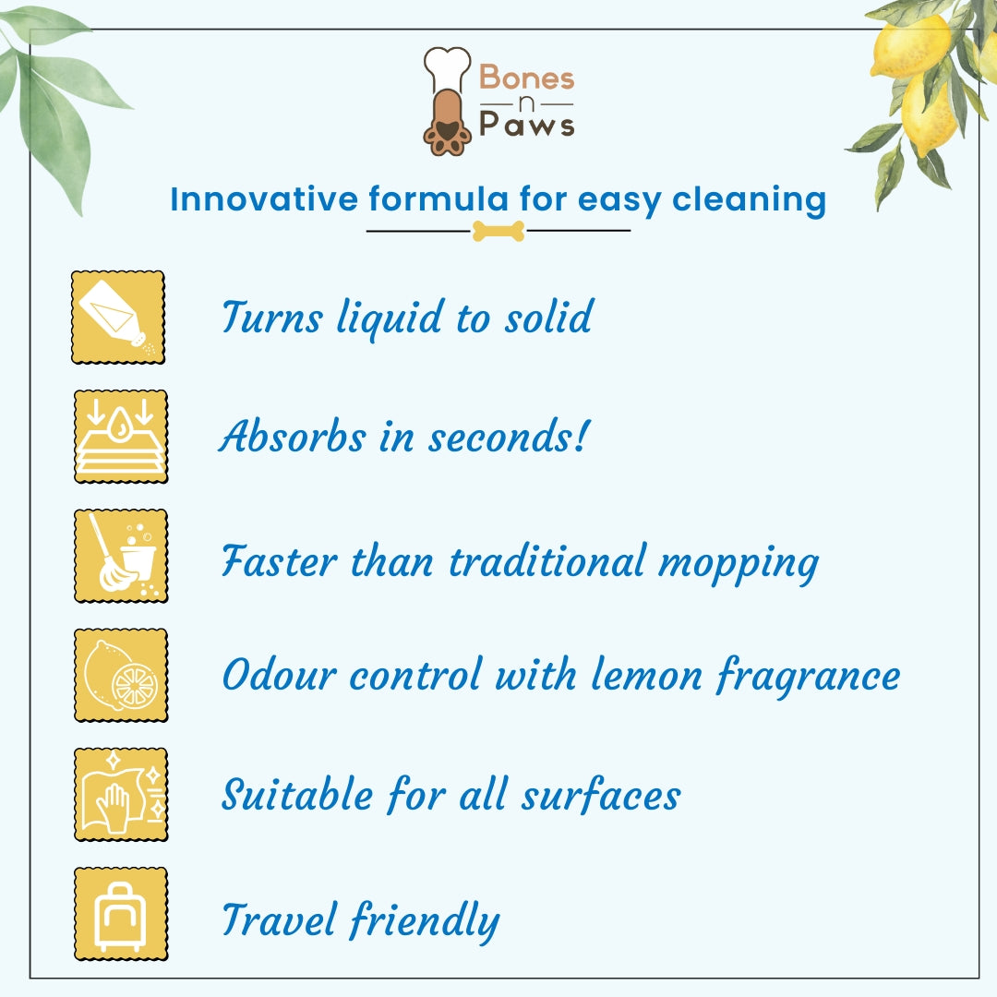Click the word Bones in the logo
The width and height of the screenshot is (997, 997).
pos(527,78)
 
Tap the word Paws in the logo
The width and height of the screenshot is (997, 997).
pos(526,123)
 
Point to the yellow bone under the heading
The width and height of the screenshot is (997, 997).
pos(498,231)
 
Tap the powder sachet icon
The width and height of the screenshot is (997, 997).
pos(118,317)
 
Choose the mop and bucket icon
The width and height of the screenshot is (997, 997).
pos(121,556)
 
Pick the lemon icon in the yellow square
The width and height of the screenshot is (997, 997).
pos(121,675)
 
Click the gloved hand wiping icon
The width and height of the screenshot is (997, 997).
pos(121,794)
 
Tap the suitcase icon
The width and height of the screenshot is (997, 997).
pos(121,914)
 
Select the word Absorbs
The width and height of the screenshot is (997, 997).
pos(292,436)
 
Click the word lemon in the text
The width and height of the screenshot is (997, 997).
pos(646,676)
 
